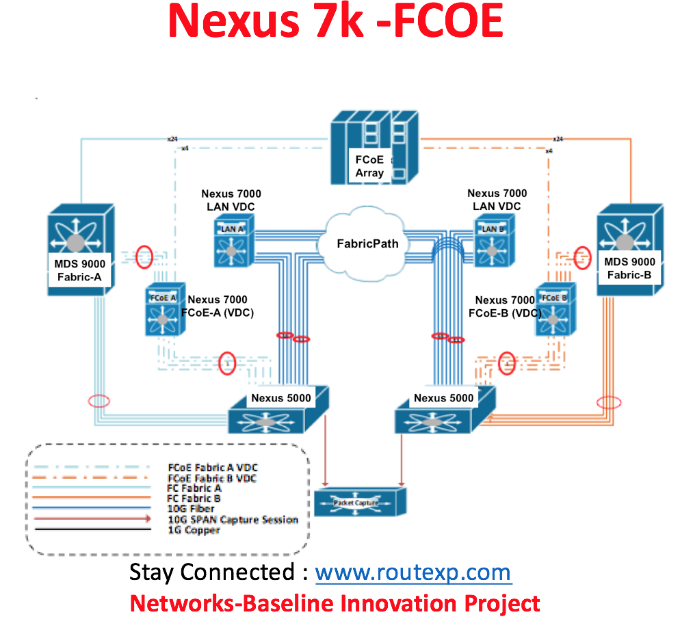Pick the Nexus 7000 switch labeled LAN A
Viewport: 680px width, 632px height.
[x=232, y=243]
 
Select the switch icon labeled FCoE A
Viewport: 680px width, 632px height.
[x=163, y=313]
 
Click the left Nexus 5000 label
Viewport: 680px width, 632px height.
[x=280, y=397]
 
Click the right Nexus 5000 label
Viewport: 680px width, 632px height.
[x=443, y=397]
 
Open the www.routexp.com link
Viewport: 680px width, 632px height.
[x=413, y=572]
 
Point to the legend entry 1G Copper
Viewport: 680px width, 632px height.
[x=194, y=530]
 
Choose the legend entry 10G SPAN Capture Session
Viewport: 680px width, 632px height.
[x=233, y=519]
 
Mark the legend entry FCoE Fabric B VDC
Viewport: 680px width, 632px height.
[x=212, y=478]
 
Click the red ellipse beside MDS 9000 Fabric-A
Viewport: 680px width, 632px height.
[x=144, y=257]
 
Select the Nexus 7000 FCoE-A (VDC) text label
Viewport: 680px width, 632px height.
[x=217, y=306]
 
